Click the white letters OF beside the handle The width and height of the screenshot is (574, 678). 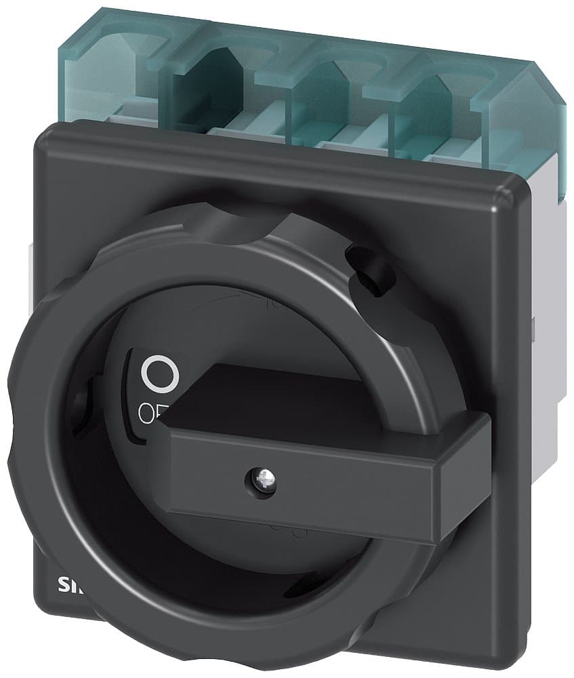click(150, 411)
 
